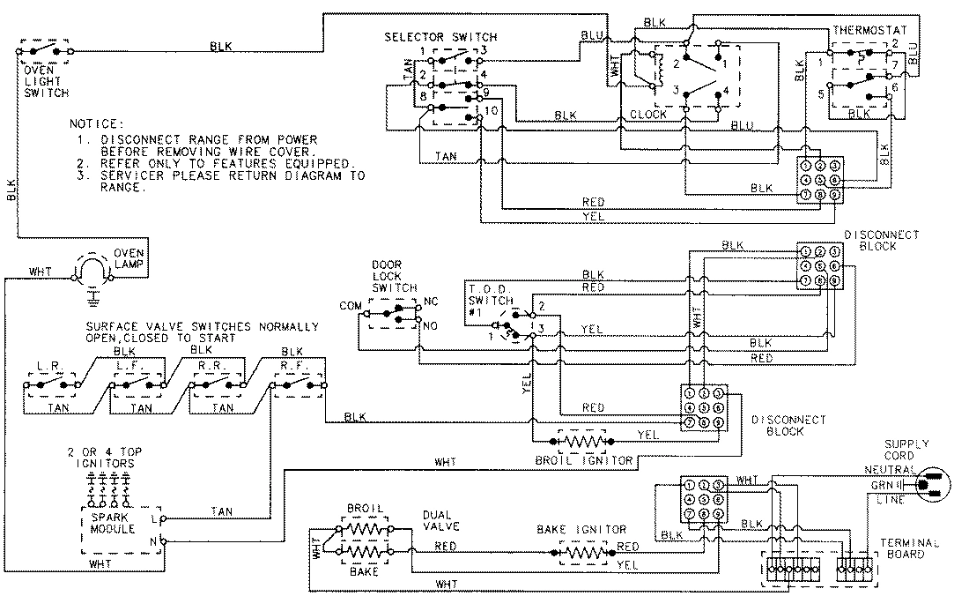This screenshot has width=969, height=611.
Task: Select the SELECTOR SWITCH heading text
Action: pyautogui.click(x=440, y=37)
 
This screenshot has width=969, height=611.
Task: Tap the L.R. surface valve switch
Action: pyautogui.click(x=50, y=385)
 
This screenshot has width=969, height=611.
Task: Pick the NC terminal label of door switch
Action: pyautogui.click(x=430, y=301)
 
